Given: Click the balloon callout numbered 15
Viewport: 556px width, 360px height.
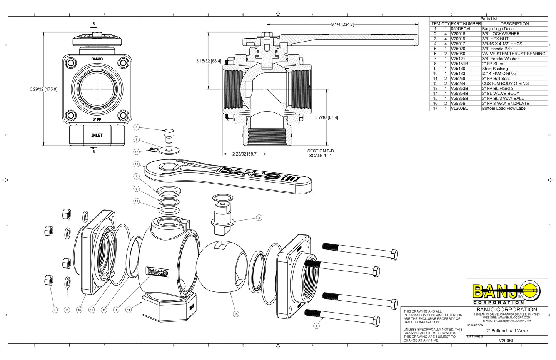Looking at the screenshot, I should pyautogui.click(x=236, y=314).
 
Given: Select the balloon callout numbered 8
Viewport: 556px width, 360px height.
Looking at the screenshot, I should pyautogui.click(x=259, y=218).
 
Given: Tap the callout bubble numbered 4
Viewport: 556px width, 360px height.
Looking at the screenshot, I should pyautogui.click(x=316, y=326).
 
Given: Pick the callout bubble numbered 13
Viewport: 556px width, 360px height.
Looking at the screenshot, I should pyautogui.click(x=136, y=164).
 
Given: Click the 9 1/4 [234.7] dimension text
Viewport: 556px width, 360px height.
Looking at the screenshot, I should pyautogui.click(x=342, y=25).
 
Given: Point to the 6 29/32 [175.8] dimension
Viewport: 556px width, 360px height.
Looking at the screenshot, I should pyautogui.click(x=43, y=89).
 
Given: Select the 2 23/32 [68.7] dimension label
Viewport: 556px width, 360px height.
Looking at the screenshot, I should pyautogui.click(x=245, y=154).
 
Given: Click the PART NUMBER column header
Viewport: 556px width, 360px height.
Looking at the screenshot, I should pyautogui.click(x=466, y=24).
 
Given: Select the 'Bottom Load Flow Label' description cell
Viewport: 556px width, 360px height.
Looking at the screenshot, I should pyautogui.click(x=504, y=108).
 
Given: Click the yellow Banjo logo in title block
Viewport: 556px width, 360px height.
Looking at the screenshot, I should pyautogui.click(x=506, y=291).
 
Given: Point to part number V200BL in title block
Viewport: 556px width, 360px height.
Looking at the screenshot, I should pyautogui.click(x=506, y=340).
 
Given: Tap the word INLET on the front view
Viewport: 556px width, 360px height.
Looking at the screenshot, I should pyautogui.click(x=97, y=136).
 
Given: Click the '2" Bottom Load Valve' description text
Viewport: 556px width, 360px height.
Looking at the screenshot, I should pyautogui.click(x=507, y=331).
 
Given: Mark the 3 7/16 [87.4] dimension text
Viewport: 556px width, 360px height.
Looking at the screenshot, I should pyautogui.click(x=326, y=117).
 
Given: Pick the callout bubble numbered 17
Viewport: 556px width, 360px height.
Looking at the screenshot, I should pyautogui.click(x=136, y=152).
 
